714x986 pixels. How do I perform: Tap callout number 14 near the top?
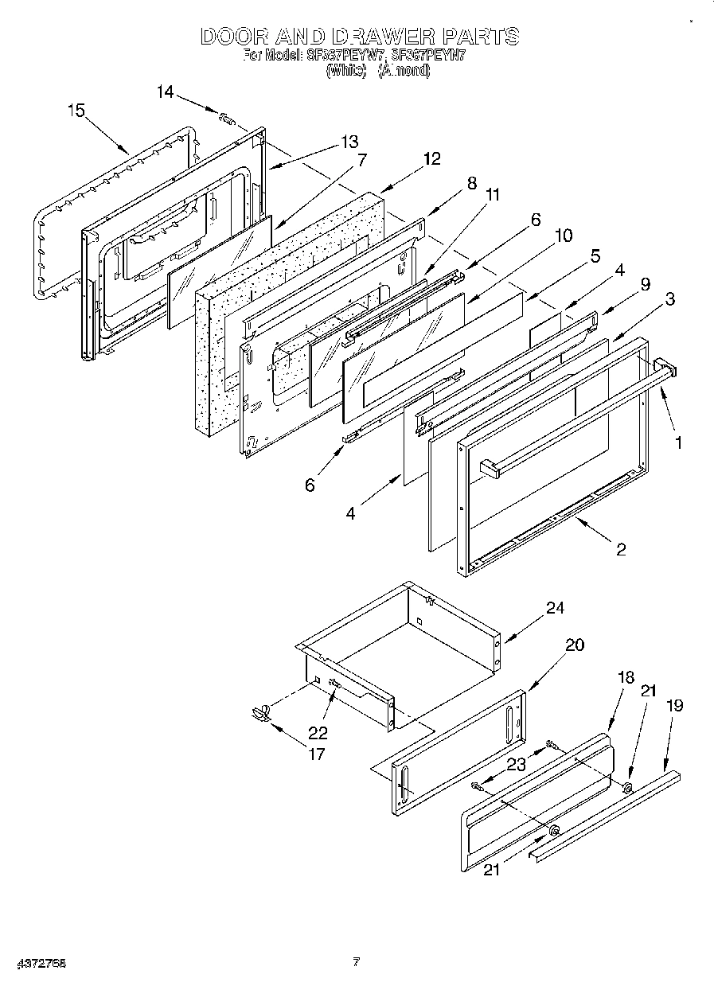165,92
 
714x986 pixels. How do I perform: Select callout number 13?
349,142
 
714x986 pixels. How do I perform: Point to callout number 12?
431,158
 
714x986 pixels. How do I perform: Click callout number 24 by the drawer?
555,609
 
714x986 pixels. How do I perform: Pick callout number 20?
574,645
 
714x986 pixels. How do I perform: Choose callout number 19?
674,705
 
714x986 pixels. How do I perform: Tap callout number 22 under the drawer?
318,733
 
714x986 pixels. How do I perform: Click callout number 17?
317,754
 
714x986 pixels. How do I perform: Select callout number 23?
517,765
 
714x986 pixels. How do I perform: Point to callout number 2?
621,549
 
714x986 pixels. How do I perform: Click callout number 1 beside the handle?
678,443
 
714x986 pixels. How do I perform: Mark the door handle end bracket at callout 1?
665,370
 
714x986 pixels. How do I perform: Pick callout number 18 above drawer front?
626,677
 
